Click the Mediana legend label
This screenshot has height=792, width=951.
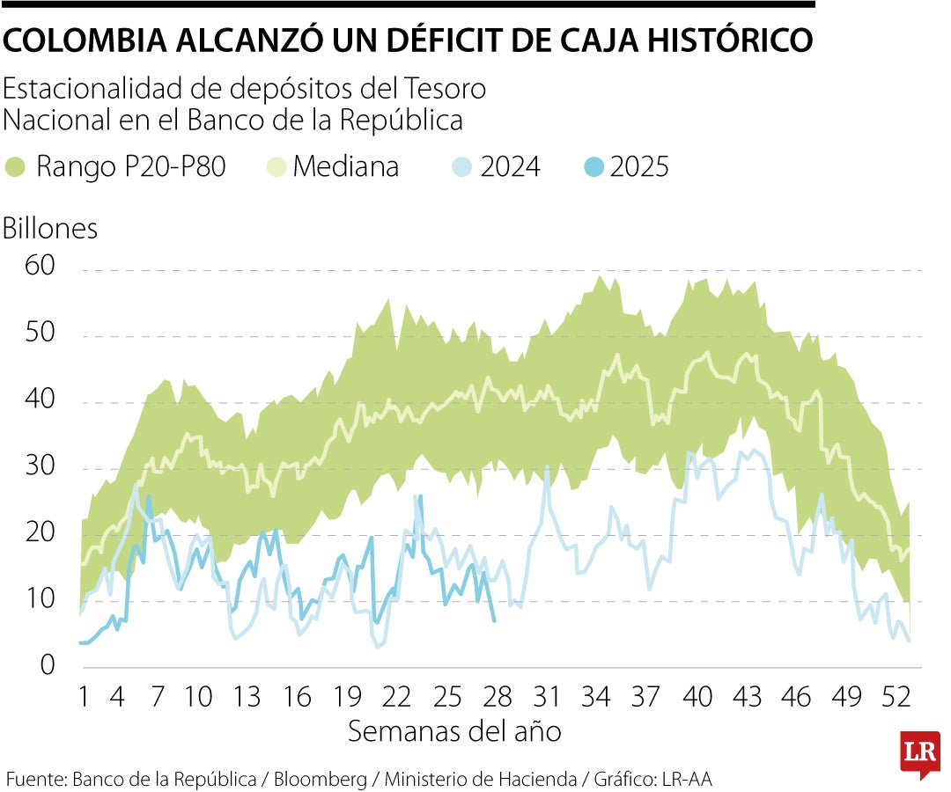coord(346,166)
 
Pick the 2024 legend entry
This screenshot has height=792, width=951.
coord(511,166)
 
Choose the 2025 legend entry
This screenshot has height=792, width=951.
coord(639,166)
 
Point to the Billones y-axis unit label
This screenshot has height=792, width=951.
coord(50,228)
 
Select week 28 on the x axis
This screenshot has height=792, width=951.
coord(498,698)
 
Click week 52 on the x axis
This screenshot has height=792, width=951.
coord(896,698)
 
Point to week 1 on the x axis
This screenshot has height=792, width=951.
coord(85,698)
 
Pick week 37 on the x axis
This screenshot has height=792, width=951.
coord(646,698)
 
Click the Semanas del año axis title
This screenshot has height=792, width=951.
coord(454,731)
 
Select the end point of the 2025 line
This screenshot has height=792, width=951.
coord(494,621)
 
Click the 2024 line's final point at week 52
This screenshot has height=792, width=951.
coord(908,640)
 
